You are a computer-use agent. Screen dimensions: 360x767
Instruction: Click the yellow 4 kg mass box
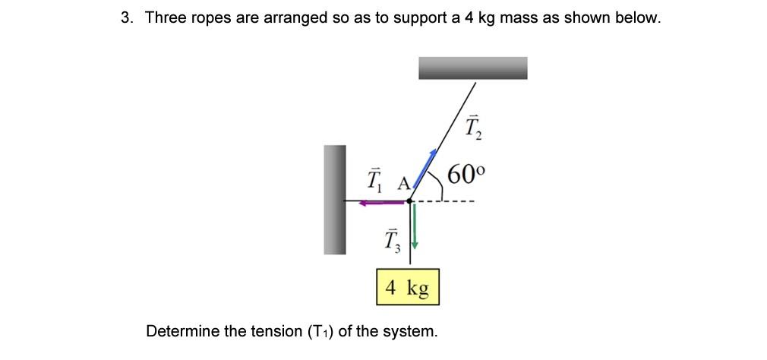pyautogui.click(x=408, y=288)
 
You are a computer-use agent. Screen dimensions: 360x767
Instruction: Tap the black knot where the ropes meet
pyautogui.click(x=409, y=201)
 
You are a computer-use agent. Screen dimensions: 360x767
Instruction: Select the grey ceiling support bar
pyautogui.click(x=472, y=68)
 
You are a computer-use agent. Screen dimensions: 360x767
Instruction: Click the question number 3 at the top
pyautogui.click(x=126, y=17)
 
